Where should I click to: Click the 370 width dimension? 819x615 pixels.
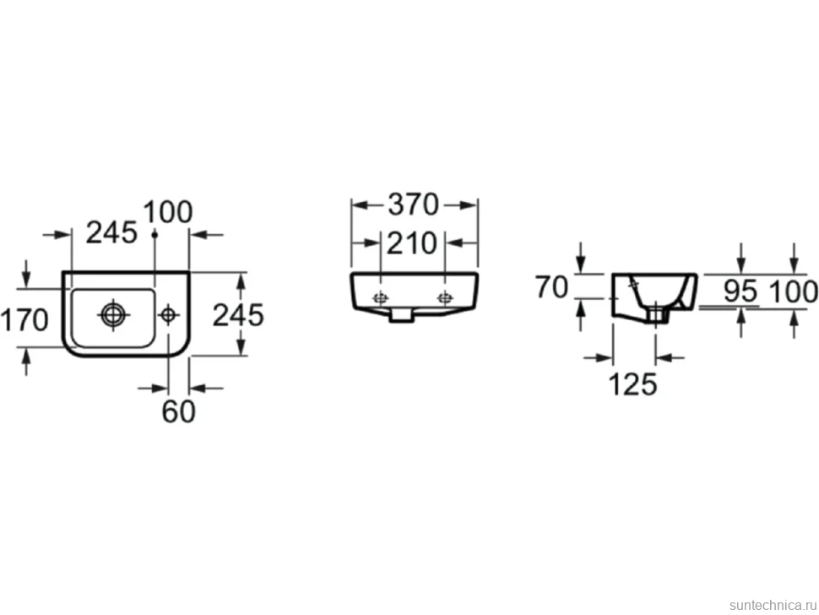click(x=413, y=204)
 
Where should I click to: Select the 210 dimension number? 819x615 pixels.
click(x=411, y=244)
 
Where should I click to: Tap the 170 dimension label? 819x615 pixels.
click(x=24, y=320)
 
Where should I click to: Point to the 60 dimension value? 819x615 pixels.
click(x=179, y=411)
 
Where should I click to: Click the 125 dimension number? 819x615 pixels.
click(x=633, y=384)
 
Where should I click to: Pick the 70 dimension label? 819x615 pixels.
click(x=551, y=287)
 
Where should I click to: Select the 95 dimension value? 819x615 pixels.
click(x=740, y=291)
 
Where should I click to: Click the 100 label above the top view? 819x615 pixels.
click(x=168, y=212)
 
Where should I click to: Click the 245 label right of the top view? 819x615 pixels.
click(x=238, y=316)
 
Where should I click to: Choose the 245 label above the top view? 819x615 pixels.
click(x=111, y=232)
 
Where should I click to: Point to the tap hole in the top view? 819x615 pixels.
click(x=168, y=314)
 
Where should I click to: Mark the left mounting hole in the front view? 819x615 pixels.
click(x=380, y=298)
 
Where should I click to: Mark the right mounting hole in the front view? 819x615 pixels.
click(x=445, y=298)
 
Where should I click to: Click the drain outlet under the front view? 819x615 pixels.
click(x=402, y=314)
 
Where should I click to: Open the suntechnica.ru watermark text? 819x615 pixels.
click(x=773, y=605)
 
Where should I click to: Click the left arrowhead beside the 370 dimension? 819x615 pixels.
click(x=360, y=205)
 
